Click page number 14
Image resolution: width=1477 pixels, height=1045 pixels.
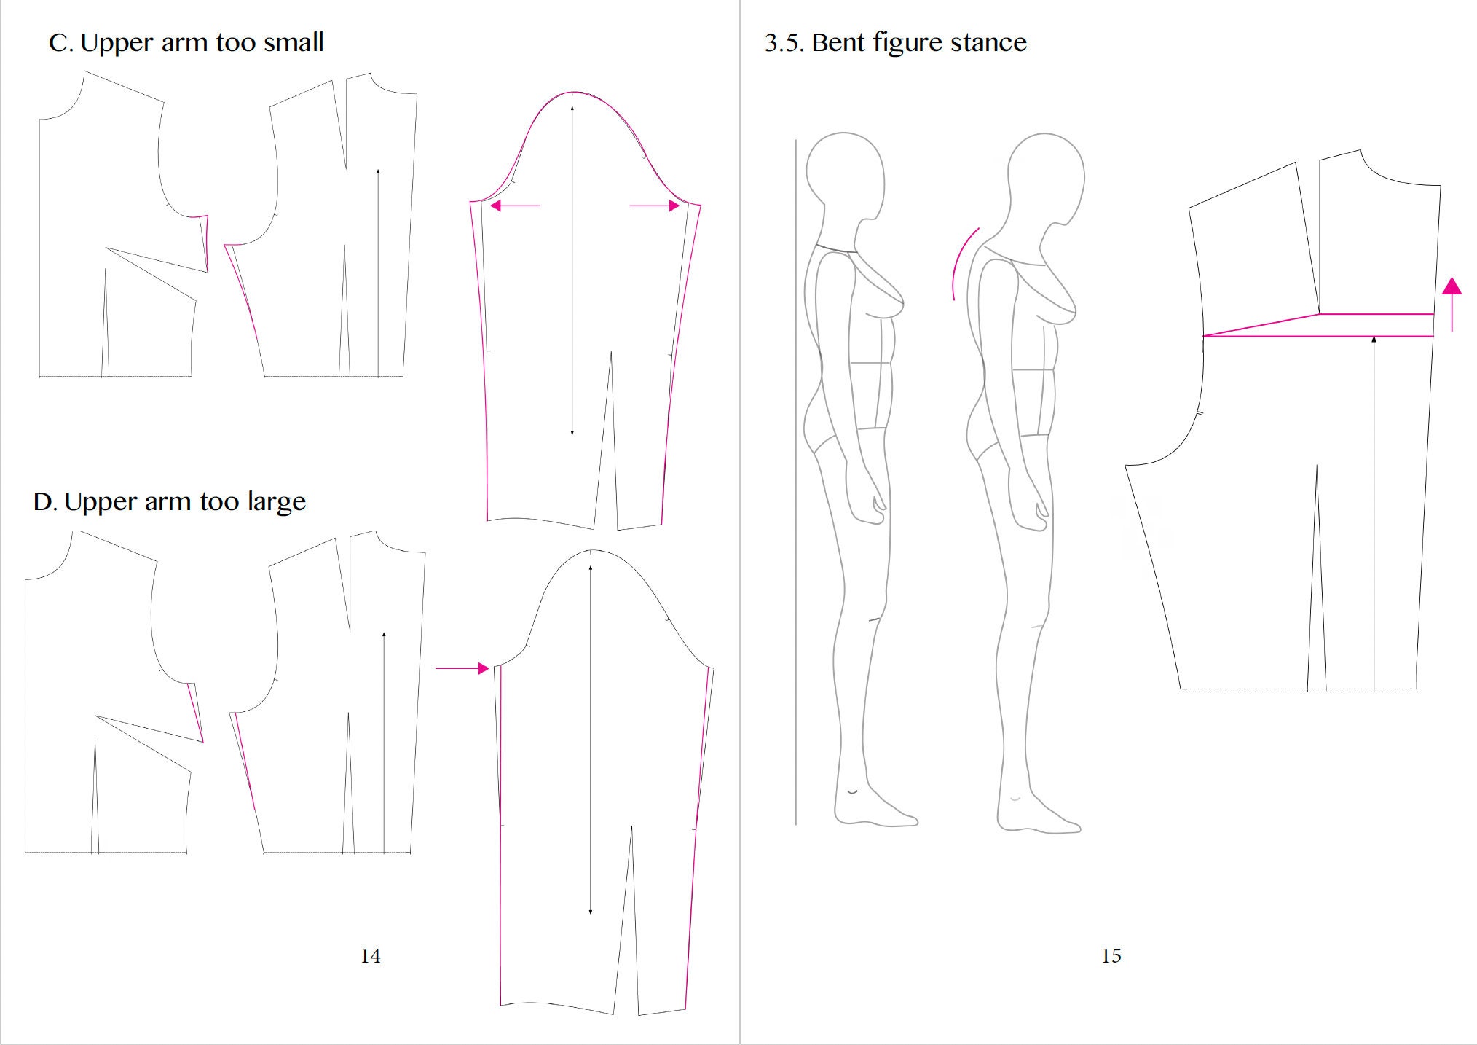(370, 956)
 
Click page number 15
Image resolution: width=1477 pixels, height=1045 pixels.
(1111, 956)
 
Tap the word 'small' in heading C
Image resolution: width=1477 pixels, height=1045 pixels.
(294, 42)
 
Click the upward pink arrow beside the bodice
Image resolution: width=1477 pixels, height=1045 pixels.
(1452, 304)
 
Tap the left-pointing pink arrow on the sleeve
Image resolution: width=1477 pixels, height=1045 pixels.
(516, 206)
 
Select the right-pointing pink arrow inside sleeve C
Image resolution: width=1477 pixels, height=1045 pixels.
(655, 206)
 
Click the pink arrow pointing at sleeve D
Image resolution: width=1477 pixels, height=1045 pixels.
(462, 668)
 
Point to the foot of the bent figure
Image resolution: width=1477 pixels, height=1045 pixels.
(1037, 813)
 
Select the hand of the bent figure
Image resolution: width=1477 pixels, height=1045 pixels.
(1031, 503)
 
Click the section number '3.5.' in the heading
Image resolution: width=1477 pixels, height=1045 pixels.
(784, 42)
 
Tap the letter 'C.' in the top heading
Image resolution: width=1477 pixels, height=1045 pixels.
(61, 43)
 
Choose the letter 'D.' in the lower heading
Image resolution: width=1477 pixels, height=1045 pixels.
(45, 502)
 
